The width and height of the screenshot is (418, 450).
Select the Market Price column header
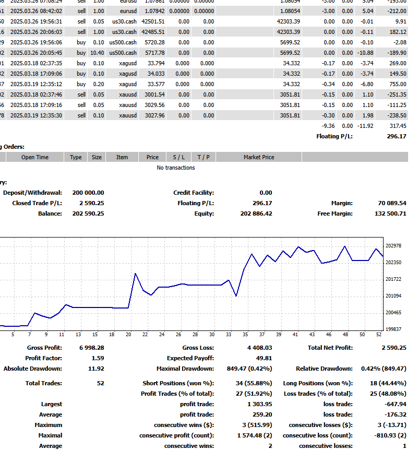(x=258, y=157)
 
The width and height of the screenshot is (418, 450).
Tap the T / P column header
(x=202, y=157)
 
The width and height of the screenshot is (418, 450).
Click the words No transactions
(x=176, y=168)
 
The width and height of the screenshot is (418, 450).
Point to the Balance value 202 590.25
(x=88, y=214)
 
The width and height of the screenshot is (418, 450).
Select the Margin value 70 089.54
(x=392, y=203)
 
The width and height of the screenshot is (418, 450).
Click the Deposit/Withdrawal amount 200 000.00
(x=88, y=193)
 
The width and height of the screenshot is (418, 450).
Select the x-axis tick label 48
(x=345, y=335)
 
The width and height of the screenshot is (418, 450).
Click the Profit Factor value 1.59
(x=98, y=358)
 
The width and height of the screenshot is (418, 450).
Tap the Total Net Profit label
(x=330, y=348)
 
